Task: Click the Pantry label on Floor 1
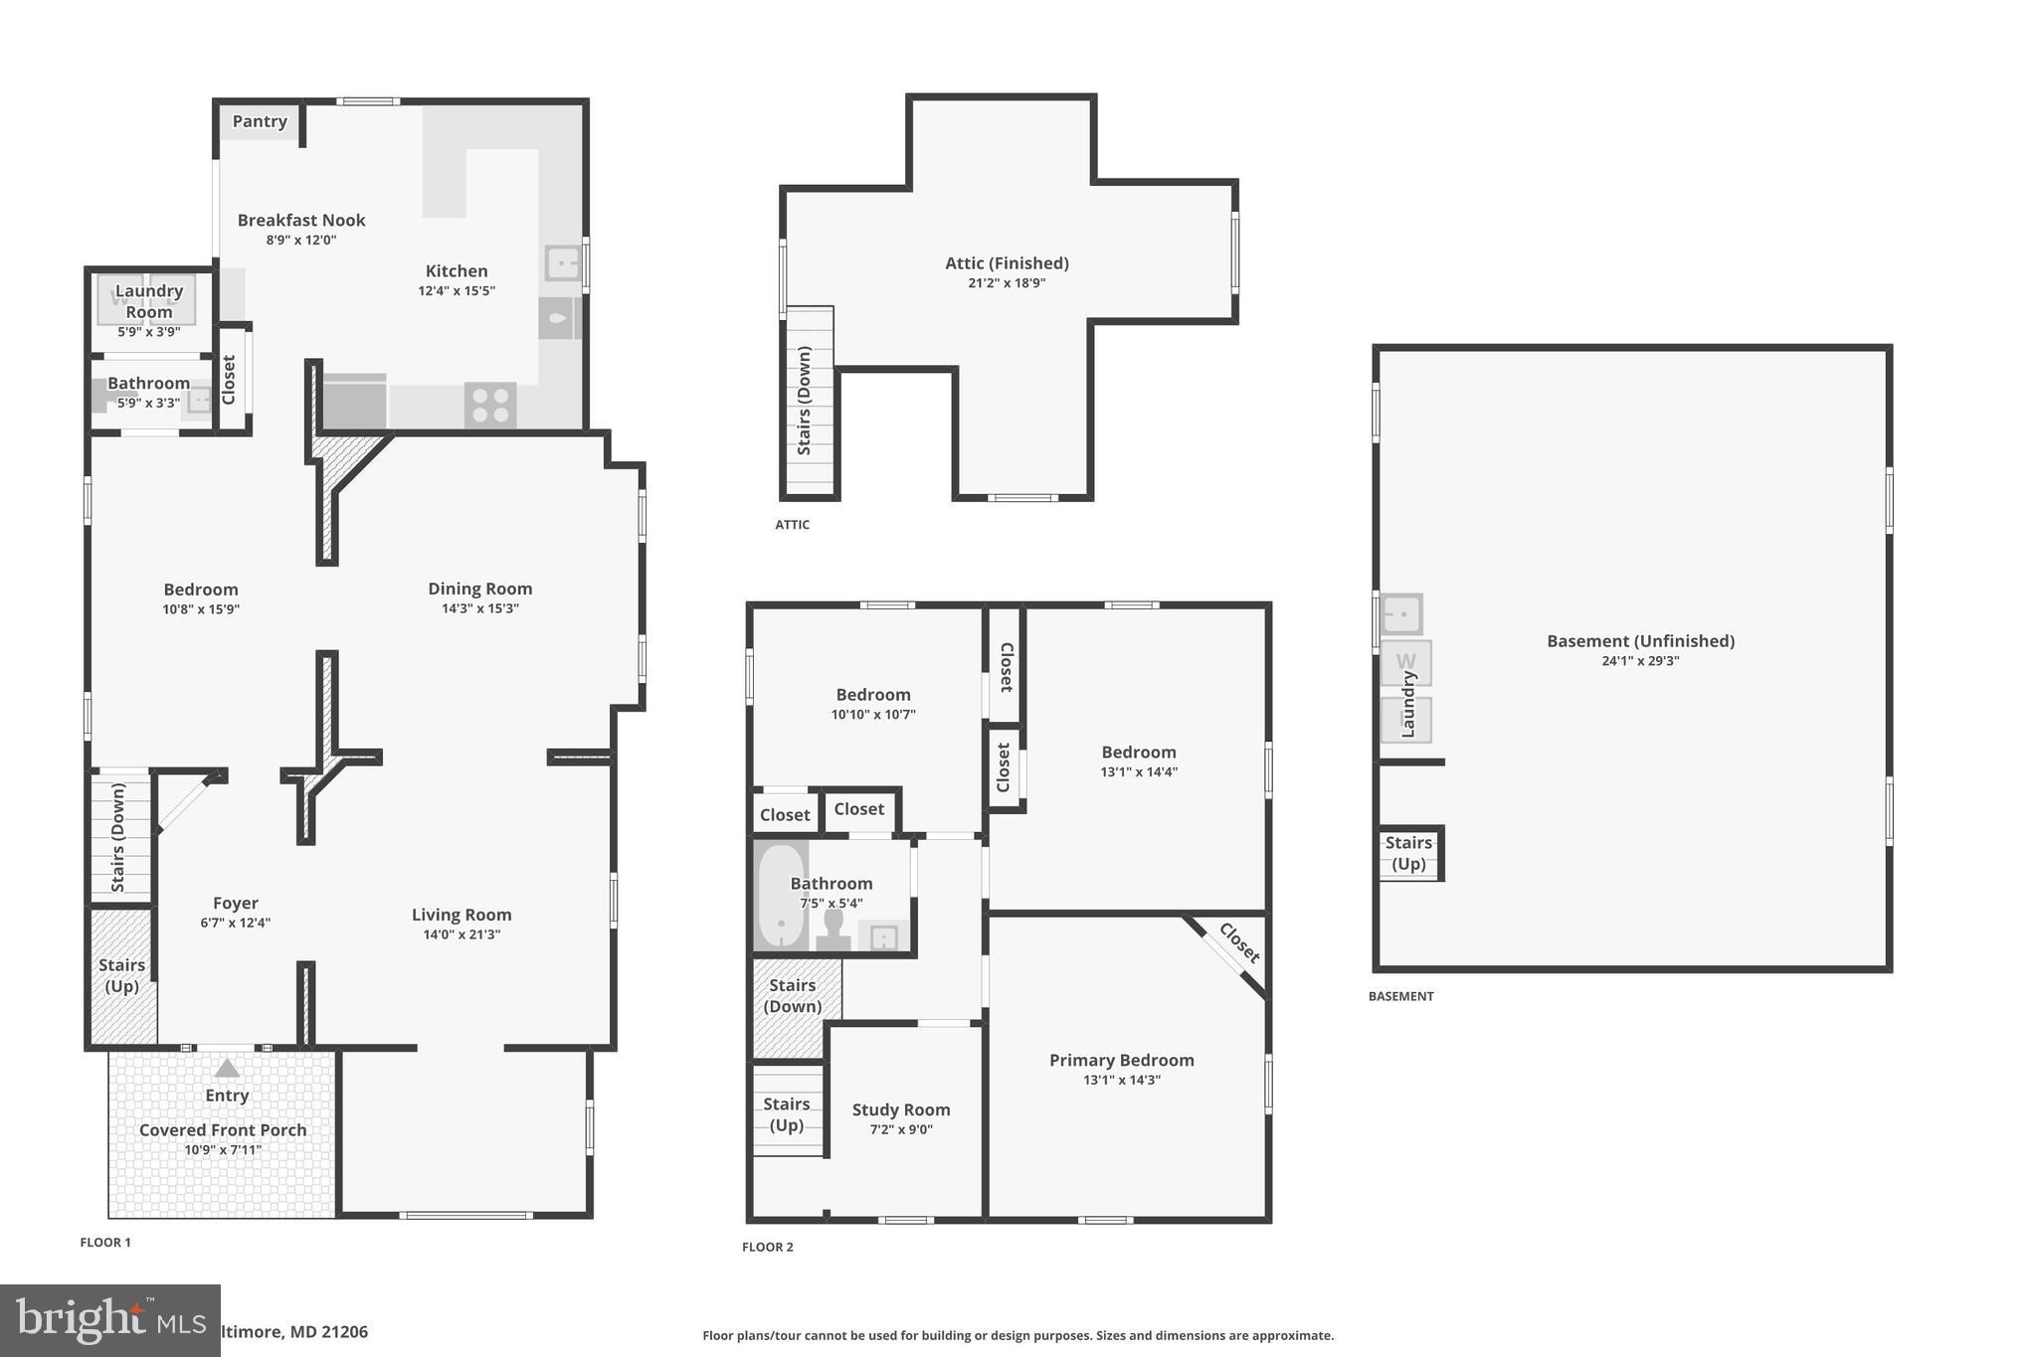(260, 121)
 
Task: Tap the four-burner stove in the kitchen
(490, 406)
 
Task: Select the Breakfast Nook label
(301, 221)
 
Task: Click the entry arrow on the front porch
(227, 1069)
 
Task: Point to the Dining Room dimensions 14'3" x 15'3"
(480, 608)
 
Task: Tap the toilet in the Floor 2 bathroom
(833, 931)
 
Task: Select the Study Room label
(901, 1109)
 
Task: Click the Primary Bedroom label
(1121, 1060)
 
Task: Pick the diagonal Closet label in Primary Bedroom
(1239, 943)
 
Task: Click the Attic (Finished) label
(1007, 263)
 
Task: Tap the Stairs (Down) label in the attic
(805, 401)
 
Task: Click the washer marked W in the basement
(1405, 662)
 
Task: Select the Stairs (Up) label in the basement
(1408, 853)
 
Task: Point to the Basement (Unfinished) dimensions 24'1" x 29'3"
(1640, 661)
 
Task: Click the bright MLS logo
(109, 1320)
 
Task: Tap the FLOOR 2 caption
(768, 1247)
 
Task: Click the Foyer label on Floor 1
(236, 903)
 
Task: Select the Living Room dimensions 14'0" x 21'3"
(462, 934)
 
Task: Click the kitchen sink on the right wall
(562, 263)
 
